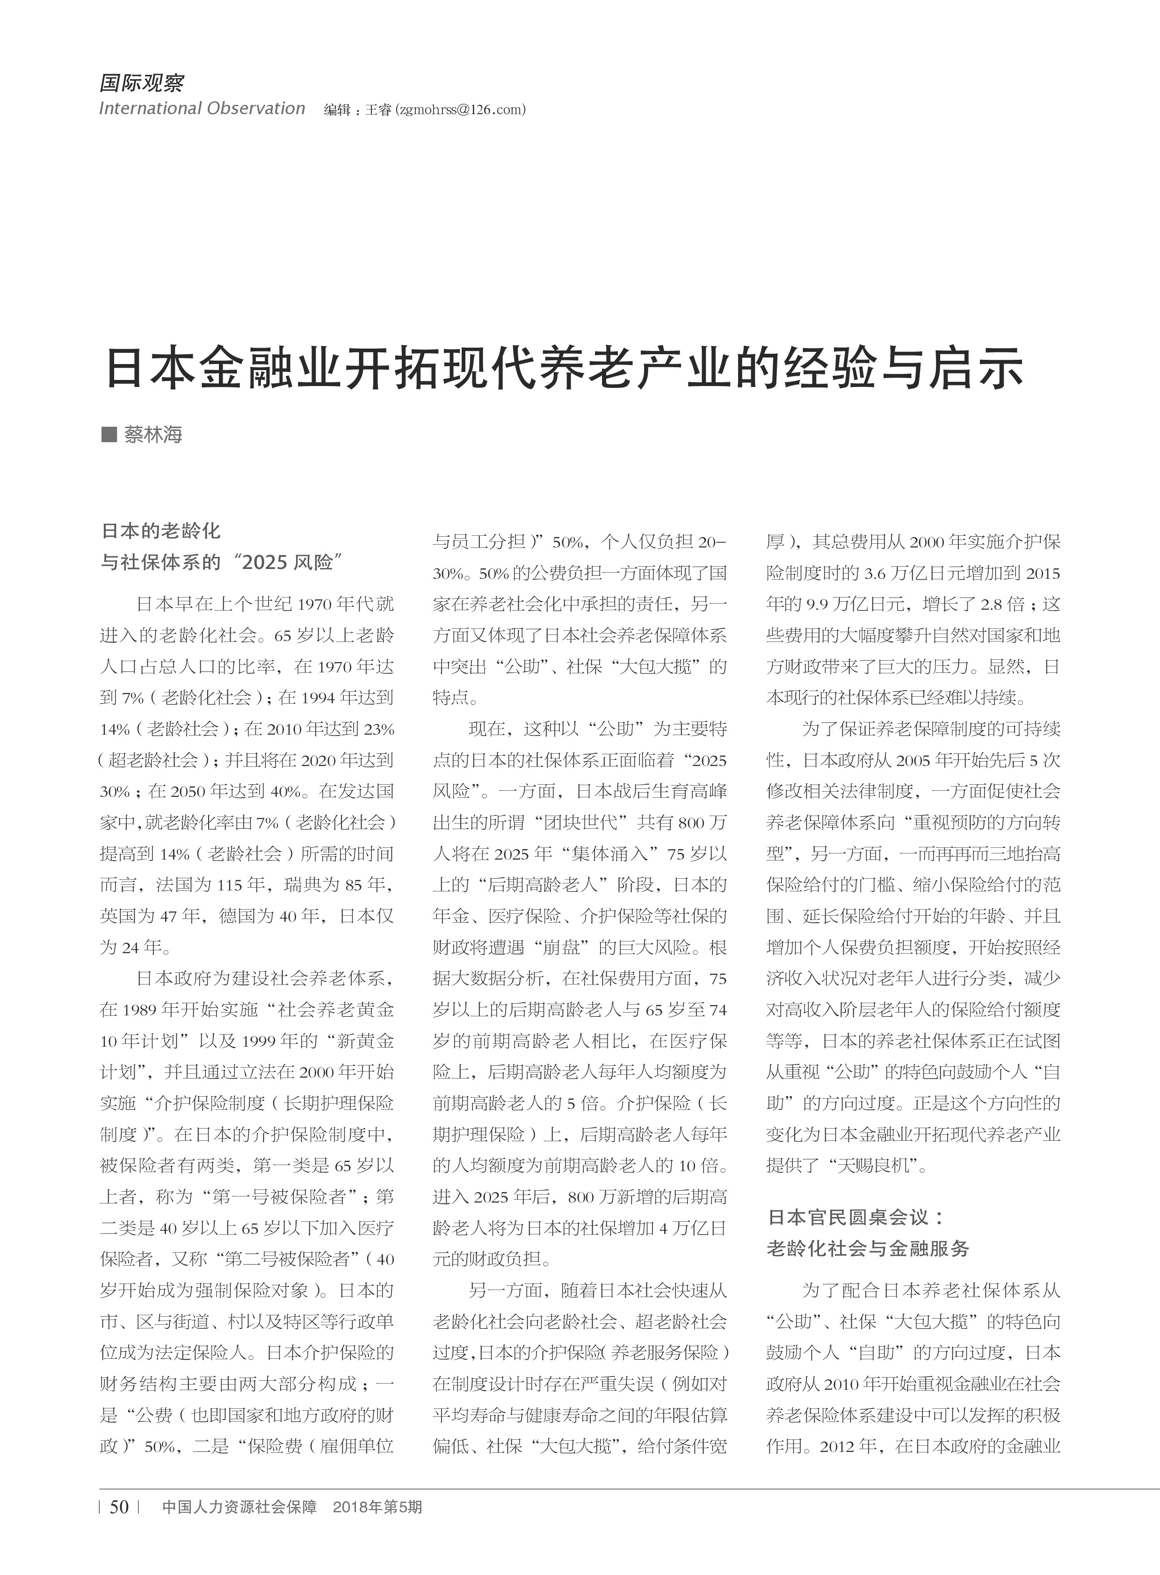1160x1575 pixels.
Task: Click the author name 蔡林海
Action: point(153,435)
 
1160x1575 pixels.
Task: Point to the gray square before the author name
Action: point(109,434)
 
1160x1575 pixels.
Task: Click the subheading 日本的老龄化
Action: point(161,531)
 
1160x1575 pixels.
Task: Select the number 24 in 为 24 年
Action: point(130,948)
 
